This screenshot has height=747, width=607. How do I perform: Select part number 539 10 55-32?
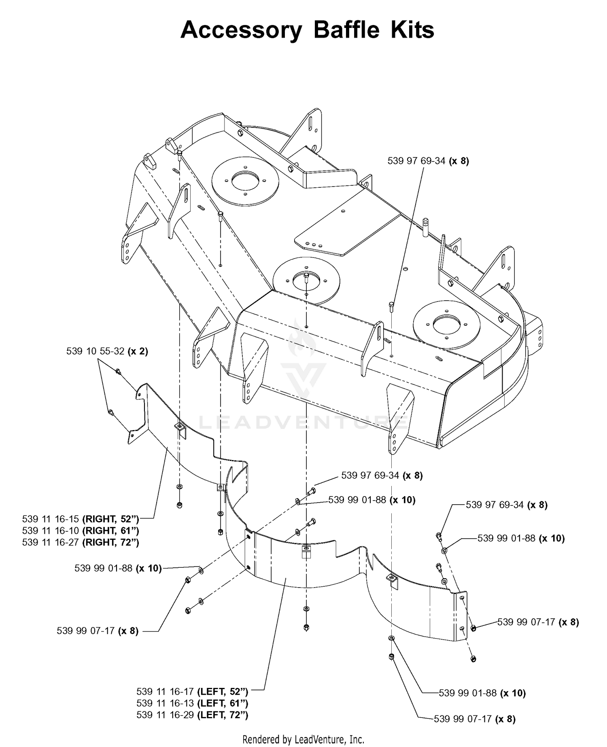pos(95,351)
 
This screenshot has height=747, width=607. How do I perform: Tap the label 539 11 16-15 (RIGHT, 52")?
pos(81,519)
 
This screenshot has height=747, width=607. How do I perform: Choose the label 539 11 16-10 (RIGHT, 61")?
pos(81,531)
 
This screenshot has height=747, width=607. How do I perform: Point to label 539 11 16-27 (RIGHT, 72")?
pos(81,542)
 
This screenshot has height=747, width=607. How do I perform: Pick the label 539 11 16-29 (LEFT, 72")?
pos(192,715)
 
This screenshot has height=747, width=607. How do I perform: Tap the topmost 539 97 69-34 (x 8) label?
pos(428,161)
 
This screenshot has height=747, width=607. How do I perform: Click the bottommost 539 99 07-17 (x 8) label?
pos(475,719)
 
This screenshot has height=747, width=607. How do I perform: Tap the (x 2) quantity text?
pos(138,351)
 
